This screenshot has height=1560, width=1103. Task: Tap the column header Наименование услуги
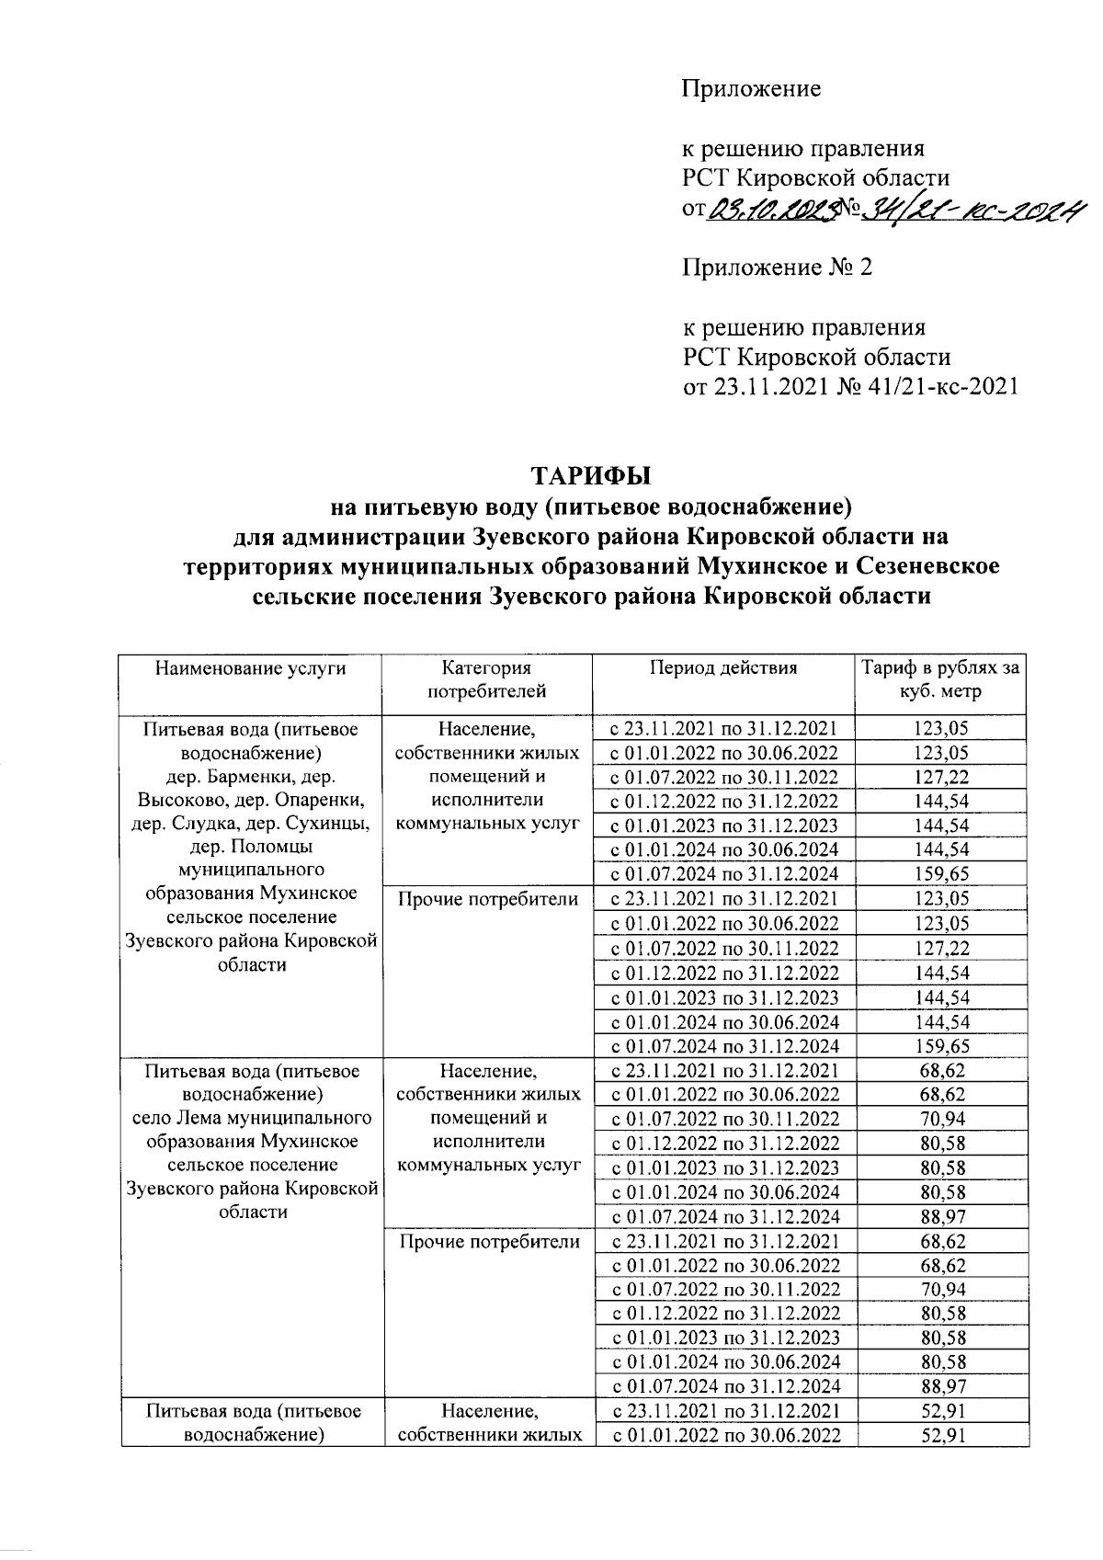pos(250,668)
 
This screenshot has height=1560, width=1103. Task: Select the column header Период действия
pos(723,668)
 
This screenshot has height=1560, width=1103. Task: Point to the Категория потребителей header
pos(487,679)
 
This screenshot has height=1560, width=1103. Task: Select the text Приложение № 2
pos(777,268)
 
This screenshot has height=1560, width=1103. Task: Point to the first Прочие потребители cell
pos(487,899)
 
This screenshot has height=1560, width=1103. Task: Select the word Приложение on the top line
pos(750,89)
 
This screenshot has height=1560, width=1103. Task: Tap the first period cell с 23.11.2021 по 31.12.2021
pos(723,729)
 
